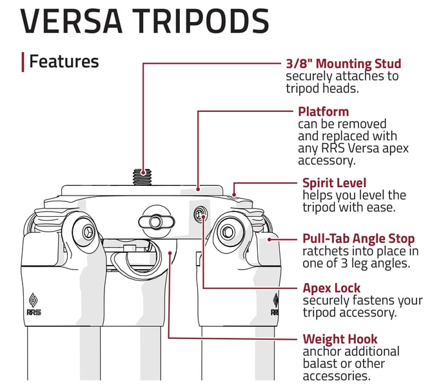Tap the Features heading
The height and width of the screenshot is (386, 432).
64,62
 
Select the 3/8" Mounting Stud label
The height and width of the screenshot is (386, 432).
343,64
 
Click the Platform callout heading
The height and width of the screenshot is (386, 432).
323,111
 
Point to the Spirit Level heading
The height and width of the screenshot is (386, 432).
334,183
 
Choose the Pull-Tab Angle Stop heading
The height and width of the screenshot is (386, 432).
358,239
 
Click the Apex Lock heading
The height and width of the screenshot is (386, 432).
331,288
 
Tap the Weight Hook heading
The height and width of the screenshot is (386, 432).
340,338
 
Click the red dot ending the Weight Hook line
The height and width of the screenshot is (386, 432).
169,253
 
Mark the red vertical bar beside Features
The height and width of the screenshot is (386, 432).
23,62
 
